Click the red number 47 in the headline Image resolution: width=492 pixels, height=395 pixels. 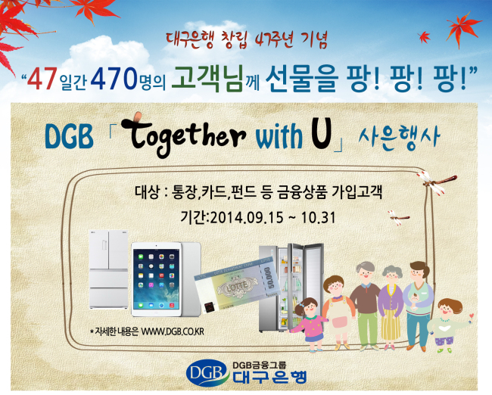point(42,79)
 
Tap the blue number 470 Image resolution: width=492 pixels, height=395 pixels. point(114,79)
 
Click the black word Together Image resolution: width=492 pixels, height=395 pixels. point(183,134)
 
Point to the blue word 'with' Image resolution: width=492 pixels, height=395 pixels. point(279,136)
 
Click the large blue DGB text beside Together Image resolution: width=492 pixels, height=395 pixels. point(70,136)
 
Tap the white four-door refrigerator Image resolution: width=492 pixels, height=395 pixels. point(108,269)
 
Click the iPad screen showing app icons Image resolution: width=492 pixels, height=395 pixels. point(156,278)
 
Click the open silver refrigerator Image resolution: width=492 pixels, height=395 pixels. point(291,287)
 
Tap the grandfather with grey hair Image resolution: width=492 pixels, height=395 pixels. point(366,305)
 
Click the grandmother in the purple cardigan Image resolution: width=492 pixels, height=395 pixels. point(391,306)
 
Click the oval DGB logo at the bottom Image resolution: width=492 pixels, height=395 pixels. point(207,373)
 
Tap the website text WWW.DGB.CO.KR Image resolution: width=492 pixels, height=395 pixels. point(173,331)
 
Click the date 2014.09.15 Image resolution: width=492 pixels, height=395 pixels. point(247,217)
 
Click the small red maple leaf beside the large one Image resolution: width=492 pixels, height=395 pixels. point(424,37)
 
